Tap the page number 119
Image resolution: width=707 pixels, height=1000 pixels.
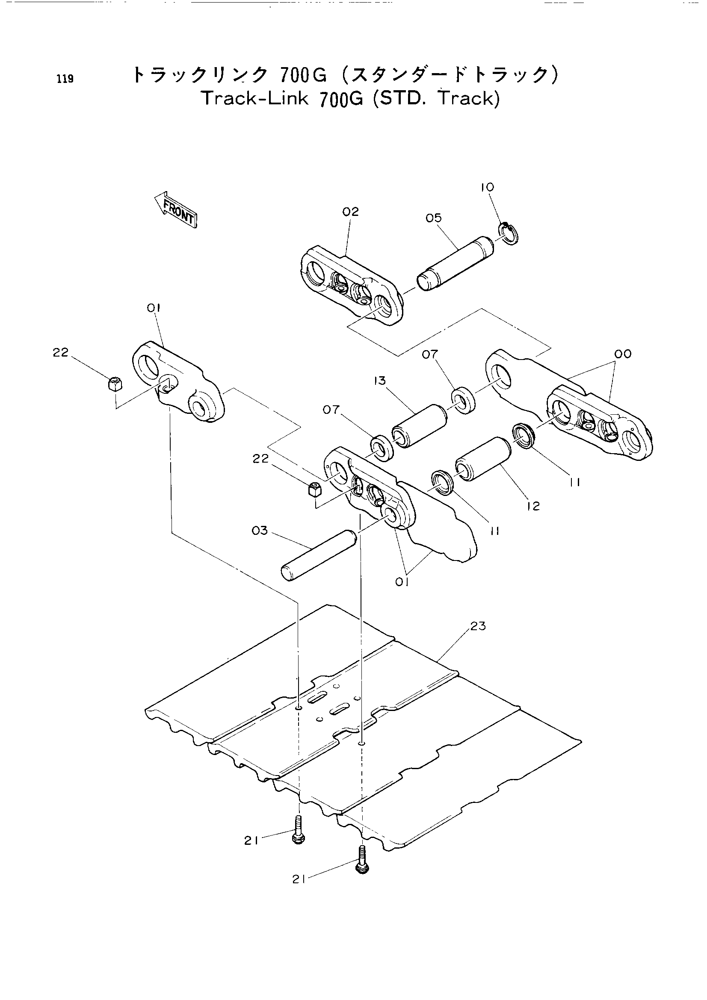tap(65, 79)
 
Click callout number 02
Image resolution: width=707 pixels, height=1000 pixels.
tap(350, 212)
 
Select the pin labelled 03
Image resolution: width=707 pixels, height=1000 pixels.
tap(319, 555)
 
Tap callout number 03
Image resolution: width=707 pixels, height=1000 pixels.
tap(260, 531)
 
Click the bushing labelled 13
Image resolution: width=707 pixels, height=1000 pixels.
tap(419, 425)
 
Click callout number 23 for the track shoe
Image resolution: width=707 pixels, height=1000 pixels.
tap(478, 626)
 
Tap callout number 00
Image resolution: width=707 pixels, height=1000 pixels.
tap(623, 354)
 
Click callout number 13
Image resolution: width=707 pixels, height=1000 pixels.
tap(380, 381)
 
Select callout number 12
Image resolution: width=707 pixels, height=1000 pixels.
tap(533, 506)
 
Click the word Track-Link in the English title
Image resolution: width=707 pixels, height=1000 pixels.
tap(255, 99)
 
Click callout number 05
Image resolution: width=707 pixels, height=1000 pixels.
tap(434, 218)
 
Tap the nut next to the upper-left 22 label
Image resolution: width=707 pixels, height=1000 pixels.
tap(115, 385)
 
